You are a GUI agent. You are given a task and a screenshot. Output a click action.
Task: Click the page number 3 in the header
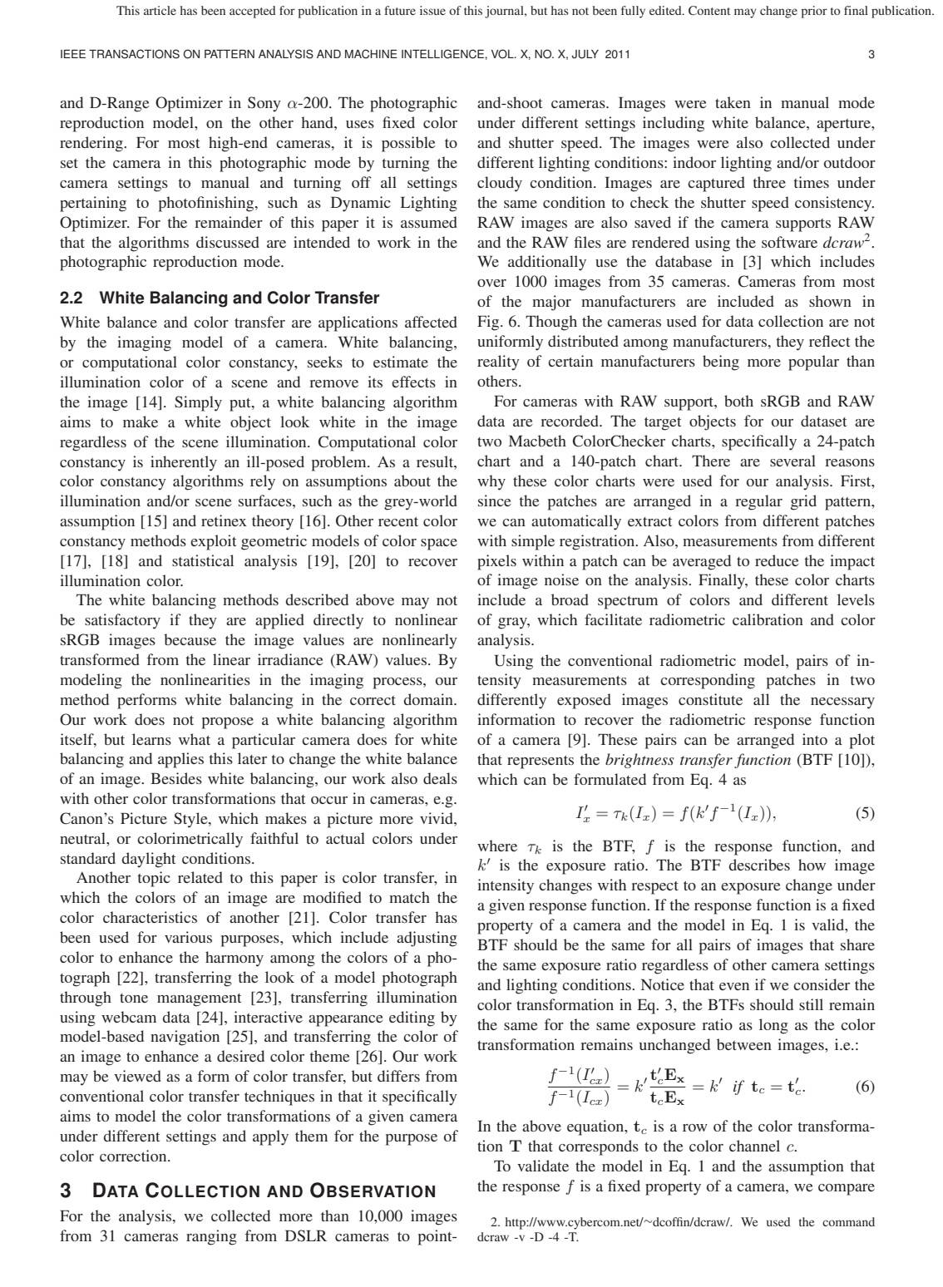[871, 55]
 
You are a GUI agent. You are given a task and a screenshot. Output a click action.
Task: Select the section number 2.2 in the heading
[75, 298]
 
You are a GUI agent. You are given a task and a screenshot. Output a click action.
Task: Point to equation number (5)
[864, 813]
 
